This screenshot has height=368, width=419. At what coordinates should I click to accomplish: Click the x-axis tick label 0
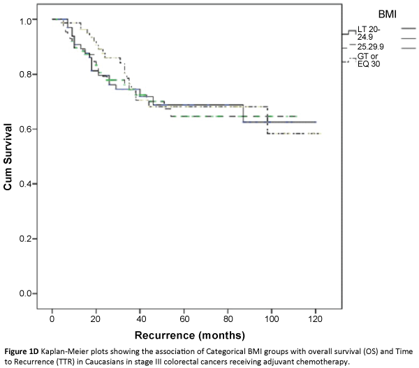(52, 318)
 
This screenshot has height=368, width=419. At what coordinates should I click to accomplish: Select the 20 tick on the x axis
(96, 318)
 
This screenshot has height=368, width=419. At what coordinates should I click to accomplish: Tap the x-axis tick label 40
(140, 318)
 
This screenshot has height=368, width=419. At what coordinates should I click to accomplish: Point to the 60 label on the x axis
(184, 318)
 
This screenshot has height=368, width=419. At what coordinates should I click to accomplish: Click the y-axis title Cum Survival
(9, 158)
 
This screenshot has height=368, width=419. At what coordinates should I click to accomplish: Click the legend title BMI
(388, 14)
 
